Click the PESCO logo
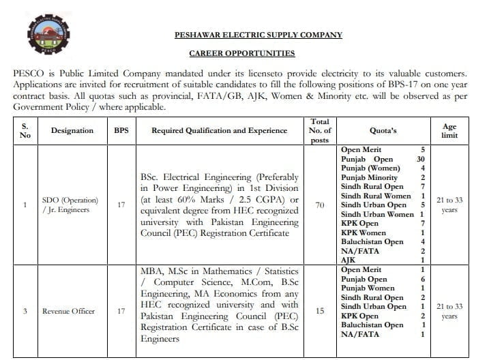[x=43, y=37]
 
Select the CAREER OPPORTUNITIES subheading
[x=242, y=53]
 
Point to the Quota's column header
[x=383, y=130]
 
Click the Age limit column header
[x=449, y=130]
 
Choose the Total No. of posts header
[x=319, y=130]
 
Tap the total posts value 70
[x=319, y=205]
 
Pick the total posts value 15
[x=319, y=311]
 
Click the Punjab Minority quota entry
[x=369, y=177]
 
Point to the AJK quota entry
[x=349, y=260]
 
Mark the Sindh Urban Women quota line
[x=377, y=214]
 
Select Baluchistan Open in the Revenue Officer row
[x=372, y=325]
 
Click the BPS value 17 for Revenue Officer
[x=121, y=311]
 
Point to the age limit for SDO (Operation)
[x=449, y=205]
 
